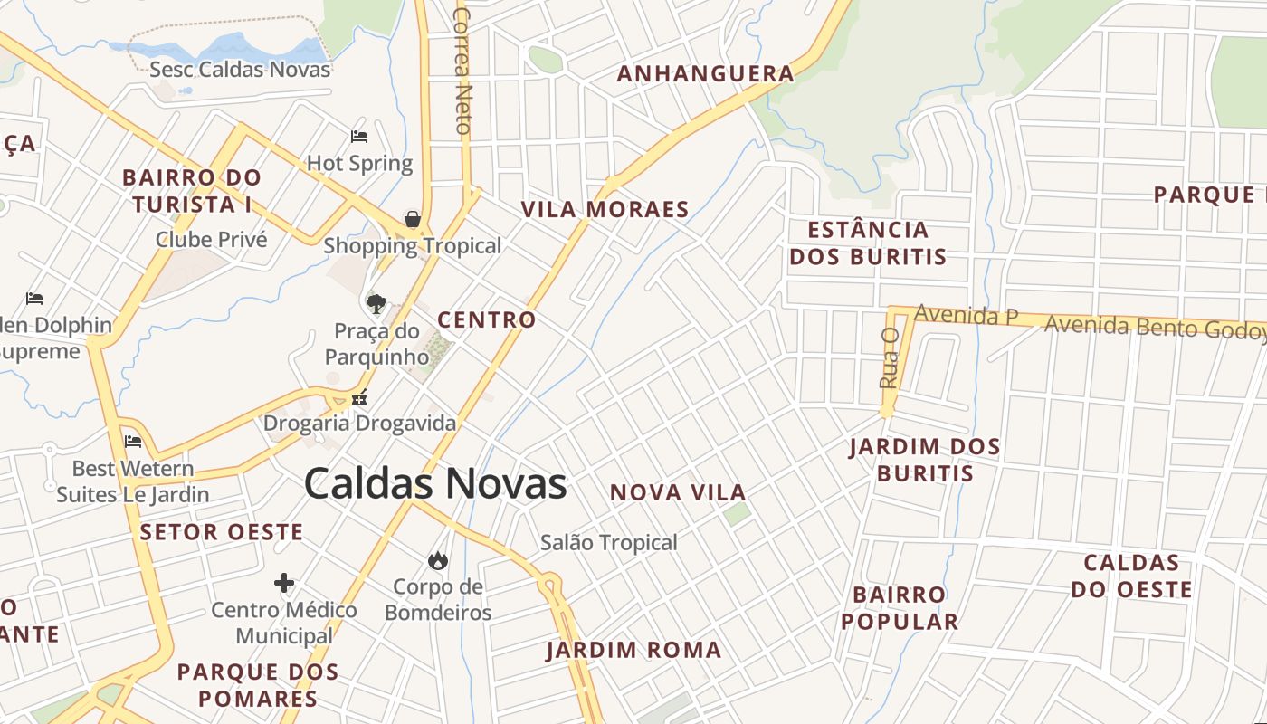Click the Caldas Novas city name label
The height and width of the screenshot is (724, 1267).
(435, 484)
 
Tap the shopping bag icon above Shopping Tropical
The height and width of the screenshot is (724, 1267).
(413, 219)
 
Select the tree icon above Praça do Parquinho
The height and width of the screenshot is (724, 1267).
(376, 304)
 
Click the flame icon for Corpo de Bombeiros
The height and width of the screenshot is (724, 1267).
(438, 560)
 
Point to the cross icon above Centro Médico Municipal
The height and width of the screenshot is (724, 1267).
(284, 582)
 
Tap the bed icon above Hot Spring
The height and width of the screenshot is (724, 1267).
(359, 137)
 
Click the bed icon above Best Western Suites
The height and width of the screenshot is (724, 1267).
(133, 442)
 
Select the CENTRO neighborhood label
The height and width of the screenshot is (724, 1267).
(487, 319)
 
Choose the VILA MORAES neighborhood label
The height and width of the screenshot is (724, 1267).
(605, 210)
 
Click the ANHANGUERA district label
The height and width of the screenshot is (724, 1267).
(706, 74)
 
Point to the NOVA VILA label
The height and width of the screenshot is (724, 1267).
(678, 493)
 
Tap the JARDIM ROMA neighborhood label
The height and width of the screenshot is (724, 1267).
(633, 650)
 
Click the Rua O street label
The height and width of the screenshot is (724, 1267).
(889, 357)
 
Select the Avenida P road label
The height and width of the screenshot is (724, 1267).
(967, 316)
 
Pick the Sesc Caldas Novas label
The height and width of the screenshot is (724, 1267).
(240, 70)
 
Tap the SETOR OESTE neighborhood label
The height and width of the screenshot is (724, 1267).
(222, 532)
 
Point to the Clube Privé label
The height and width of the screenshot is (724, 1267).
(212, 240)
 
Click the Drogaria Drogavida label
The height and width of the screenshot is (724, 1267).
(360, 423)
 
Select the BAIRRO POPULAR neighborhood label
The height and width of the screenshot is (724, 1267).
(900, 608)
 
